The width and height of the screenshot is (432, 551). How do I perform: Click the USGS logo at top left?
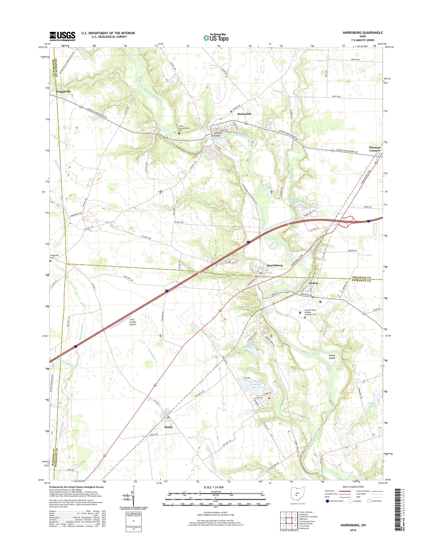pyautogui.click(x=62, y=36)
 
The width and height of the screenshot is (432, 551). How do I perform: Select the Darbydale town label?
pyautogui.click(x=244, y=114)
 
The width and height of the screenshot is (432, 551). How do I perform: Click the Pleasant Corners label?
pyautogui.click(x=375, y=149)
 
